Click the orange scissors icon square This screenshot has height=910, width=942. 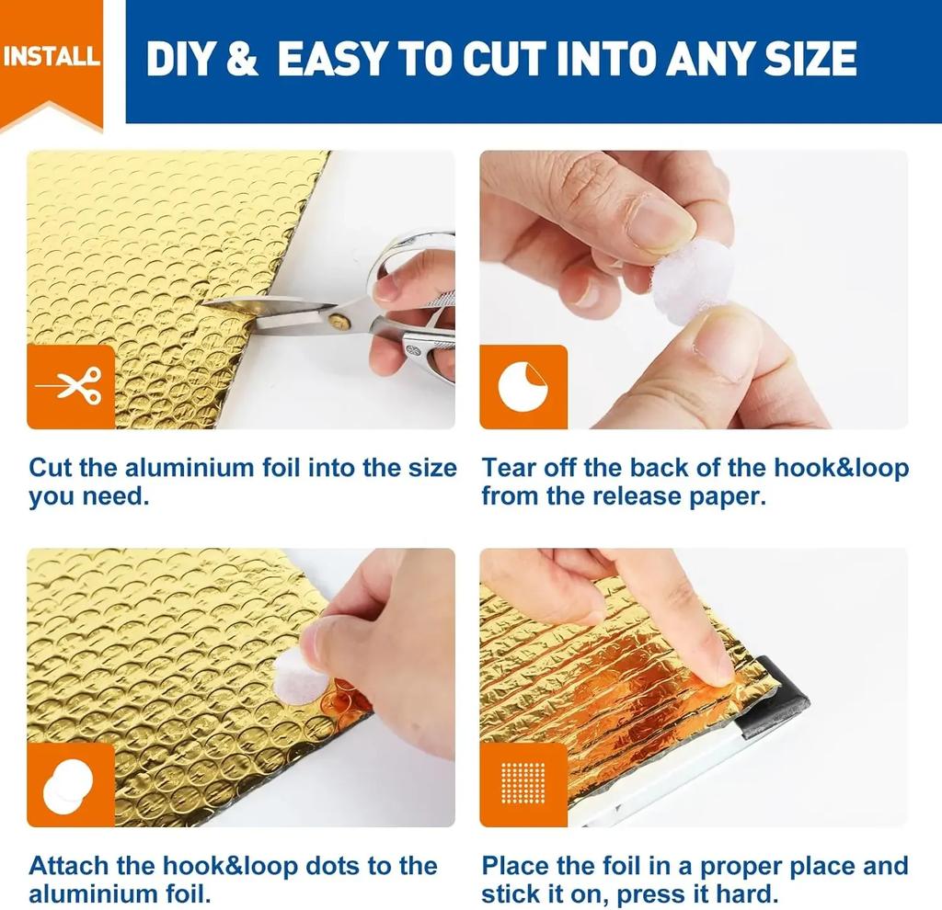click(x=71, y=387)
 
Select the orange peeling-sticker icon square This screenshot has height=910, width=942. click(x=523, y=387)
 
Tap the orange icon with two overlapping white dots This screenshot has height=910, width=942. click(x=71, y=785)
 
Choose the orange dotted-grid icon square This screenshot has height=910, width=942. click(x=523, y=785)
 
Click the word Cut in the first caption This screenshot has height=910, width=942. click(x=51, y=468)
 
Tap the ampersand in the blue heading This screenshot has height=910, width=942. click(x=243, y=59)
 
